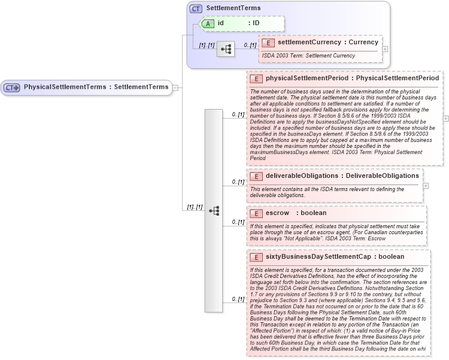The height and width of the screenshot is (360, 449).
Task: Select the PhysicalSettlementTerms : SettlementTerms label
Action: coord(96,87)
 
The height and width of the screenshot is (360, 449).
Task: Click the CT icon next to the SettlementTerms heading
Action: coord(196,9)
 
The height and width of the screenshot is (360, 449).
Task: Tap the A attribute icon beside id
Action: coord(208,23)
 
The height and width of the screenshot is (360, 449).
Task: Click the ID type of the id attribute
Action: coord(256,23)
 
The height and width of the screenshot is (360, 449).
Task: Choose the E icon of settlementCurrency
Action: coord(268,43)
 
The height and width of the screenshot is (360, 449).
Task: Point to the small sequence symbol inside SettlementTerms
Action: coord(226,49)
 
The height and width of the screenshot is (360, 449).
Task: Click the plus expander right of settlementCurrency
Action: coord(385,49)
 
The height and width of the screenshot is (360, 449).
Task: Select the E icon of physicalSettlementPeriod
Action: coord(256,78)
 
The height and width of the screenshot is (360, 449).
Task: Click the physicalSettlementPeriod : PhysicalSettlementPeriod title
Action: coord(352,78)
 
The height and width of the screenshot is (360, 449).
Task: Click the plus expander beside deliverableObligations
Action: coord(426,186)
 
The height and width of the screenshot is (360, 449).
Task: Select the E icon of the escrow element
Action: coord(256,213)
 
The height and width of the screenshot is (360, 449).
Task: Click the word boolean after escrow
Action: coord(313,213)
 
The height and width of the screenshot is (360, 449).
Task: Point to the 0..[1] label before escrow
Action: coord(238,222)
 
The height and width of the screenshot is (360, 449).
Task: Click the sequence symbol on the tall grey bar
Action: coord(214,210)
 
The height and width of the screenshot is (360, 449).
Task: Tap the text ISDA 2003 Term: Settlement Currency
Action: coord(308,56)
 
